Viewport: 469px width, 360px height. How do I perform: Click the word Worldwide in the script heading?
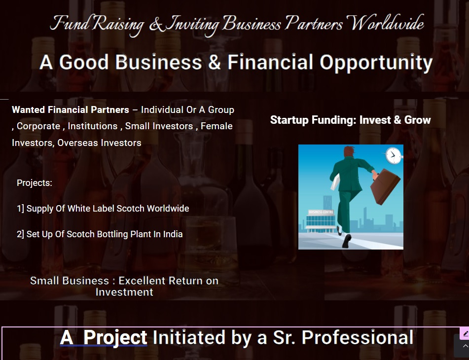[387, 23]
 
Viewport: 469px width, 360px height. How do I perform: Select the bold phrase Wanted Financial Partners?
[71, 110]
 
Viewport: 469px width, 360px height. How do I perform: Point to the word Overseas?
[77, 143]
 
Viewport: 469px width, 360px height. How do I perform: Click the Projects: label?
[35, 182]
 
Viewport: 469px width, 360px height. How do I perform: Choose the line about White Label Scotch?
[103, 209]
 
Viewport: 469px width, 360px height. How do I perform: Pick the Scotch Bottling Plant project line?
[100, 234]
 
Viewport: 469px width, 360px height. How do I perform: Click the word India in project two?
[173, 234]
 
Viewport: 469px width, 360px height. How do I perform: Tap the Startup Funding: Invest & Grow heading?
[350, 120]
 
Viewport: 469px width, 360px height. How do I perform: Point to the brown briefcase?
[385, 186]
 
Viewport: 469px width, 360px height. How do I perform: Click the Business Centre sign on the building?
[321, 212]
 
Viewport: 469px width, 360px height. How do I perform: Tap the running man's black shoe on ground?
[347, 241]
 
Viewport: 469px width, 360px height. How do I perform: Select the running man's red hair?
[350, 151]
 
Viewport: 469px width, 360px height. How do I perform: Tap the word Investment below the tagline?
[124, 292]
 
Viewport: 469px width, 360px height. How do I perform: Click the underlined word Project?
[115, 338]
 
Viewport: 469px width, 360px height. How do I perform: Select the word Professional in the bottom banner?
[358, 338]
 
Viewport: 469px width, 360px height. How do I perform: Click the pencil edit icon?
[465, 333]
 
